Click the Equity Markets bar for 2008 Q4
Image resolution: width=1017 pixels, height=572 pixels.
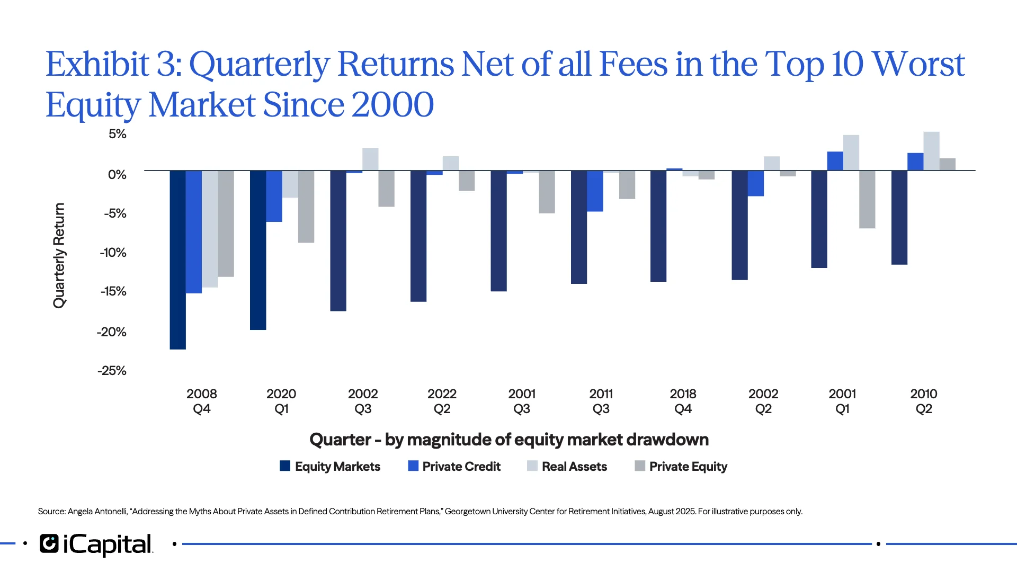[x=177, y=260]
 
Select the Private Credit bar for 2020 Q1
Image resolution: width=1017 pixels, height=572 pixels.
[x=274, y=196]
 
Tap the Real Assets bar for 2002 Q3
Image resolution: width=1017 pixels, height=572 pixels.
[x=370, y=159]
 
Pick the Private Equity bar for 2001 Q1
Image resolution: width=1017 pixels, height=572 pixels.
[x=867, y=199]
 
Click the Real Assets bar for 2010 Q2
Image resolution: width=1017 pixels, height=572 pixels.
[x=931, y=151]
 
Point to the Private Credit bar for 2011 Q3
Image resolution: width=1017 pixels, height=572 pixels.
[x=595, y=191]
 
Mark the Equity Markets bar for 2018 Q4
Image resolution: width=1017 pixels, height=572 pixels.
[x=658, y=226]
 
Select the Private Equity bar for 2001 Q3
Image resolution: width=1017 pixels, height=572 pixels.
[x=547, y=192]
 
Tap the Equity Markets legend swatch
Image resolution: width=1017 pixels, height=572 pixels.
[x=285, y=466]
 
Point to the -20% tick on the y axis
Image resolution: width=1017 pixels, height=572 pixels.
[x=112, y=332]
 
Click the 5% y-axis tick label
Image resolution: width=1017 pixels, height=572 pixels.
[x=118, y=134]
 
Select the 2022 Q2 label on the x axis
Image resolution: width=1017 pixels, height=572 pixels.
[x=442, y=401]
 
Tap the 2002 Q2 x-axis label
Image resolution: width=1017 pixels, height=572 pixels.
[x=763, y=401]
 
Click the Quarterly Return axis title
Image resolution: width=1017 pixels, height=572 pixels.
[x=59, y=255]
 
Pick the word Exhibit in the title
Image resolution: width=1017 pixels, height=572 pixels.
[x=97, y=65]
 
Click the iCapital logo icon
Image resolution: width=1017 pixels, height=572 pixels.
[x=49, y=544]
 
